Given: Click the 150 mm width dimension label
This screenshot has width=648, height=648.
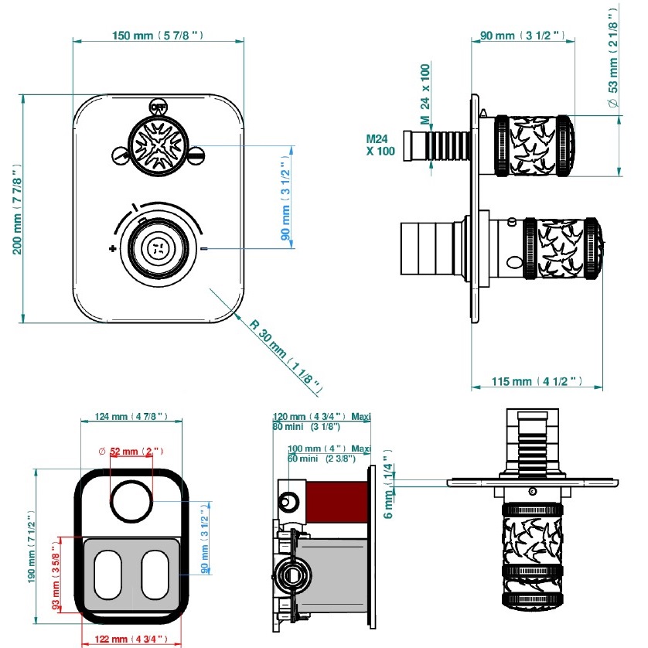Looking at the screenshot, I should [159, 35].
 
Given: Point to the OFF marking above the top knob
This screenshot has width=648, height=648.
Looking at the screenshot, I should [158, 107].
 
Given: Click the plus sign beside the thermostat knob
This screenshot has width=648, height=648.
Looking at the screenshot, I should [113, 248].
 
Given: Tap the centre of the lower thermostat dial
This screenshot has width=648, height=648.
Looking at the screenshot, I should [157, 248].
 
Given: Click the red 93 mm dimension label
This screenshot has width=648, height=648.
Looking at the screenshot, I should [56, 571].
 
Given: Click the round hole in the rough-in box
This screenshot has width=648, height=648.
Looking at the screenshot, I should [131, 500].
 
